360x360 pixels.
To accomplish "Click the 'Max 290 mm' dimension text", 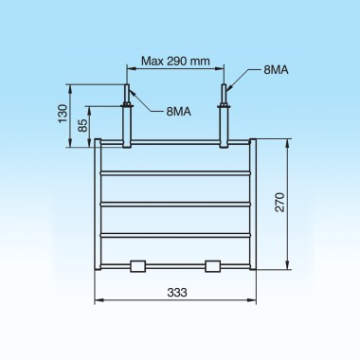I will [x=174, y=61].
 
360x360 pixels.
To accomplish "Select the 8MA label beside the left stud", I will [x=179, y=112].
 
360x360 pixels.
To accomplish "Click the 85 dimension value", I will [x=82, y=124].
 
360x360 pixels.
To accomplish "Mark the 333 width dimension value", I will [x=175, y=295].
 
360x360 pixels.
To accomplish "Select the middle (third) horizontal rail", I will [x=175, y=203].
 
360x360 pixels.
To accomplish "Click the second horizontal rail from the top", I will [x=175, y=173].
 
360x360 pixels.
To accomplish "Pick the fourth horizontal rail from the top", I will [x=175, y=233].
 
